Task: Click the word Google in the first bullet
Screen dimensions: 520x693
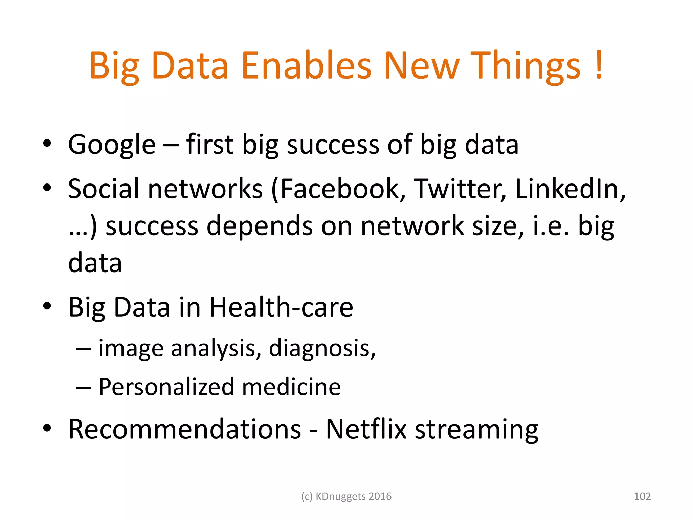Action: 112,145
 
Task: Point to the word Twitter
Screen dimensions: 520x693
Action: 460,189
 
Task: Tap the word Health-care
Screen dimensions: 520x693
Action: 281,307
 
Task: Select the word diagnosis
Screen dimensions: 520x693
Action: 322,349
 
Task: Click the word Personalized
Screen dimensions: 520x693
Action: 166,387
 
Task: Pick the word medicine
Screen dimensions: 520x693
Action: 291,387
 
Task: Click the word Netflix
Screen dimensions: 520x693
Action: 366,429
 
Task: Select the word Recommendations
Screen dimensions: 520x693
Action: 184,429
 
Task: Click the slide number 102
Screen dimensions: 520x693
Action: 642,496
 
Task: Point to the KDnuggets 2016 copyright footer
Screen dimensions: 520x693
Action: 346,496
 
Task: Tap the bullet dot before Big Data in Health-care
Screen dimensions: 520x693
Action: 47,306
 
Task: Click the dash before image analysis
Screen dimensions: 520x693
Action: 84,349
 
